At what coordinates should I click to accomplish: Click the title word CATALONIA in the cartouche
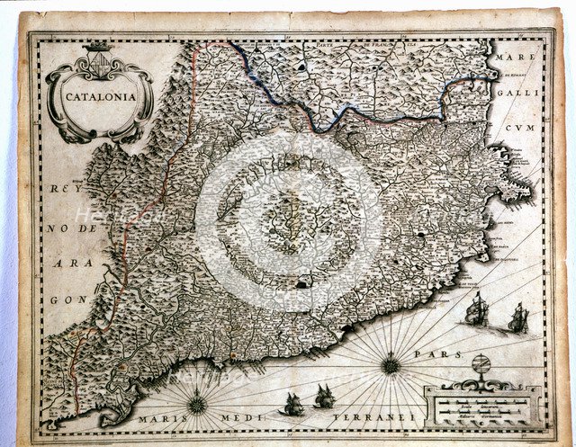click(99, 93)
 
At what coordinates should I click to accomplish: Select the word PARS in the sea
click(429, 354)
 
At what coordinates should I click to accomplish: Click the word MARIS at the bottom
click(157, 420)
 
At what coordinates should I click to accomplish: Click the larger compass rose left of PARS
click(391, 364)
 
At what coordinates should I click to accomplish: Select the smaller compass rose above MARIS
click(196, 404)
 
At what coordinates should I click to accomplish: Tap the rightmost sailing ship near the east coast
click(518, 317)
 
